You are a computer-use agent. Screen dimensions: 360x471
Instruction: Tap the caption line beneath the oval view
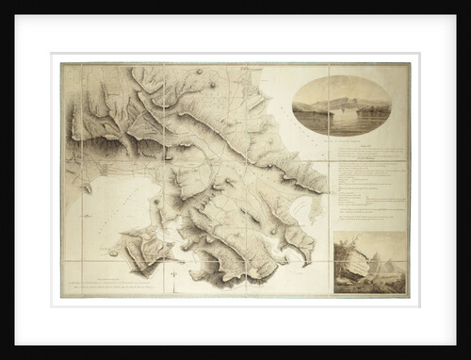tap(343, 142)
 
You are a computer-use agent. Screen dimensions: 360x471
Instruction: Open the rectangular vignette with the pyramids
tap(370, 263)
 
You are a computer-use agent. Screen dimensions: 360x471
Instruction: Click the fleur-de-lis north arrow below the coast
tap(175, 274)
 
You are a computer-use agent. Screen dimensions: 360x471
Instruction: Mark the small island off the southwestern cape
tap(113, 253)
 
